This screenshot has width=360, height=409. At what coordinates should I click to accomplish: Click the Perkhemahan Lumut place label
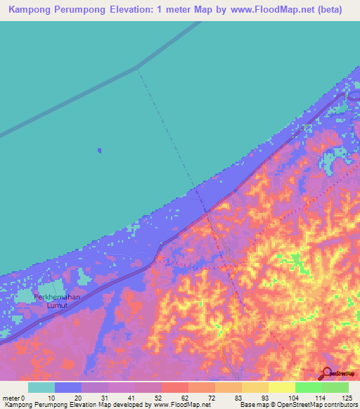pyautogui.click(x=58, y=301)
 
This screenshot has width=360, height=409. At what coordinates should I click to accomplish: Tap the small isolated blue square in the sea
pyautogui.click(x=99, y=150)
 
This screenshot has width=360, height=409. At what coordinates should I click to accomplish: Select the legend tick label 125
pyautogui.click(x=347, y=398)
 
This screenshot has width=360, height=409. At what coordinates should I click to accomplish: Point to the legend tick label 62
pyautogui.click(x=165, y=398)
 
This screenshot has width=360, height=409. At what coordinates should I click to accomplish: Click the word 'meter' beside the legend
pyautogui.click(x=11, y=398)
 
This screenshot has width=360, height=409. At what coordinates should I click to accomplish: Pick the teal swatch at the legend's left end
pyautogui.click(x=41, y=387)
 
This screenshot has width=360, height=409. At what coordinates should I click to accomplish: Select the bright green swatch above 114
pyautogui.click(x=308, y=387)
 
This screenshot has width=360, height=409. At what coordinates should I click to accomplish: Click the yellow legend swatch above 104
pyautogui.click(x=281, y=387)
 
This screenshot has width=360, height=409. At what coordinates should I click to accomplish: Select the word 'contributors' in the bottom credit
pyautogui.click(x=338, y=405)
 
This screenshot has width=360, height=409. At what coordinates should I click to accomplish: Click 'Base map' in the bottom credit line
pyautogui.click(x=252, y=405)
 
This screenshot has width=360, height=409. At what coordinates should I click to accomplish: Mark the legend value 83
pyautogui.click(x=219, y=398)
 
